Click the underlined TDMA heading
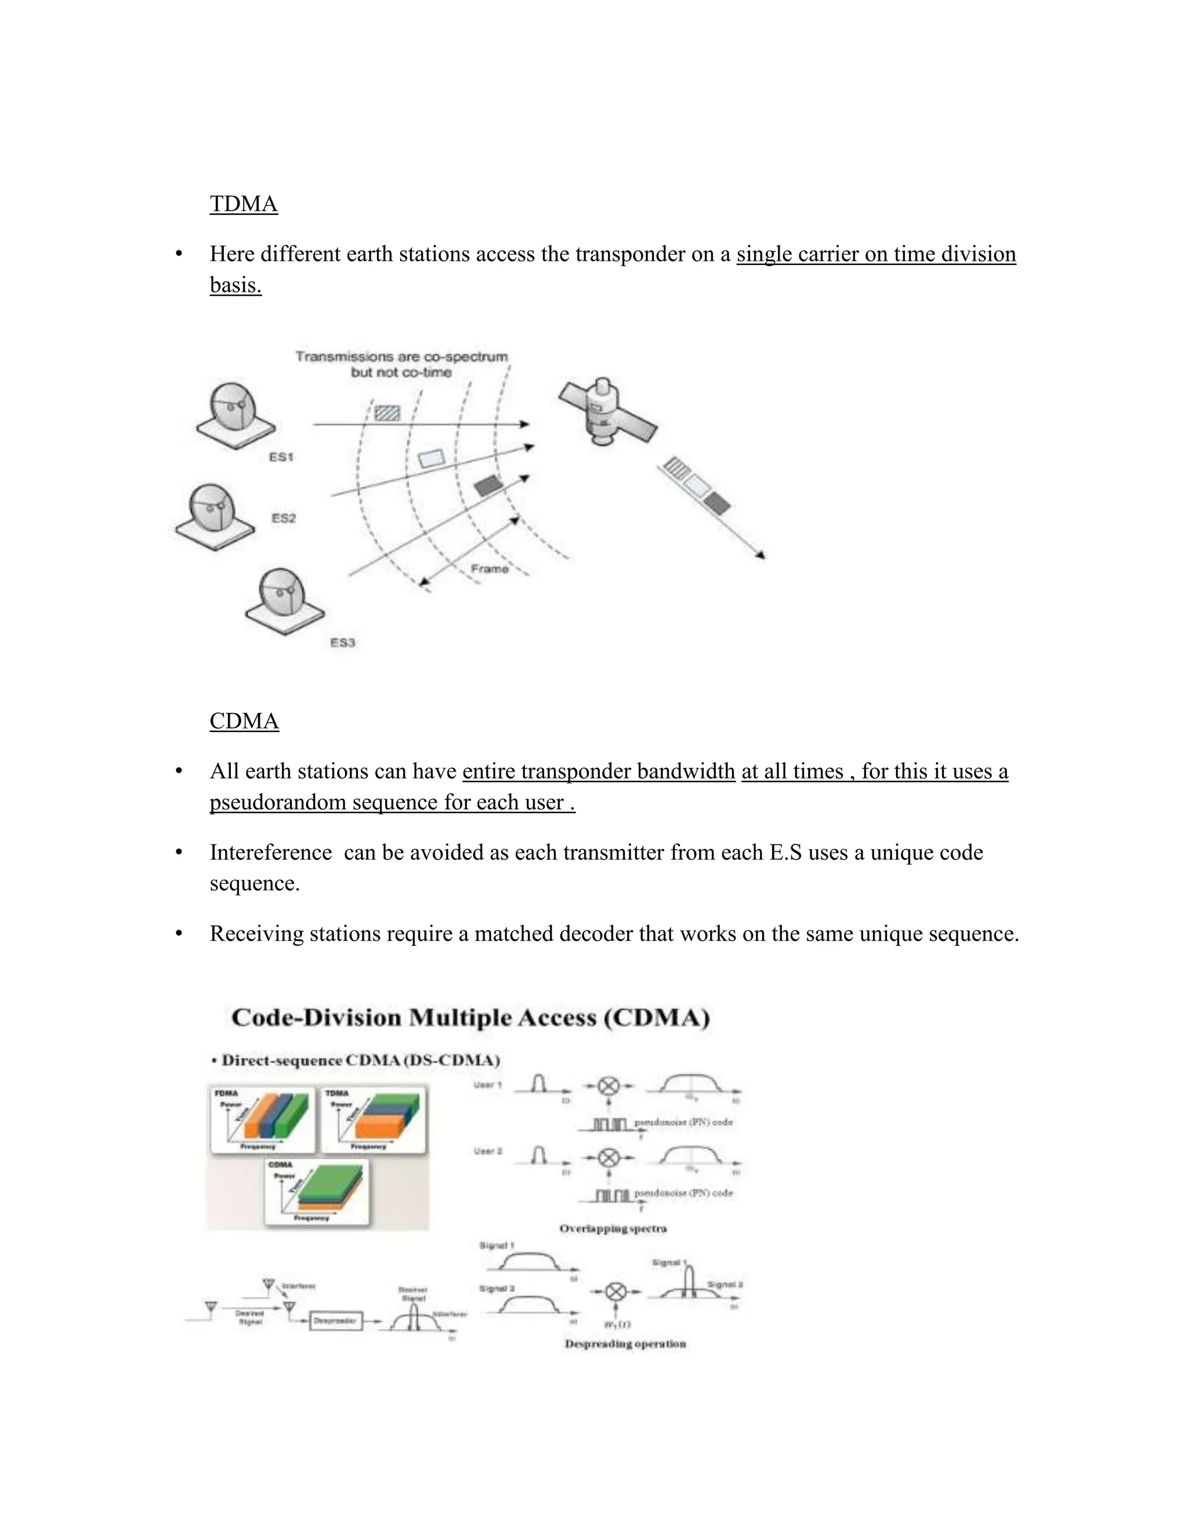point(244,204)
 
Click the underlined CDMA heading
point(244,721)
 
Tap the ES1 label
point(281,457)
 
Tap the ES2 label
point(284,518)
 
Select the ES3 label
point(343,642)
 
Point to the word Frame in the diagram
point(489,568)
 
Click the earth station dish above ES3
point(283,598)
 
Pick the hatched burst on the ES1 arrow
point(387,412)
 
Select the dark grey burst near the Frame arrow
point(487,485)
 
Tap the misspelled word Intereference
point(270,853)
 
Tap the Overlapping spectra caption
point(613,1229)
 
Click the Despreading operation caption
point(625,1344)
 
